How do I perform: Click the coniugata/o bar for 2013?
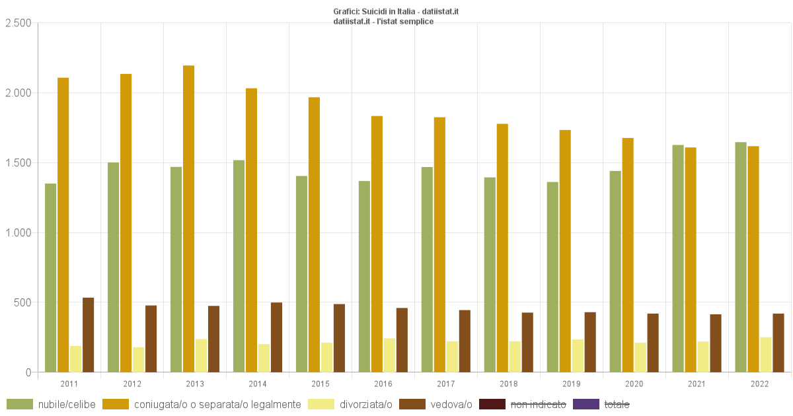(x=189, y=218)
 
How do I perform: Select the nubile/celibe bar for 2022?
(x=741, y=257)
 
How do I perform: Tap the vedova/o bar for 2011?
(x=89, y=335)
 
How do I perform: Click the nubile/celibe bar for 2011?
(x=51, y=277)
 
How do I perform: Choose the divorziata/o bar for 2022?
(x=766, y=355)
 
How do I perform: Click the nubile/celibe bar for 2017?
(x=428, y=269)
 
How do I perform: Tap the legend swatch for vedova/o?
(x=420, y=404)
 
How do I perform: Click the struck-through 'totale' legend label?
(x=617, y=404)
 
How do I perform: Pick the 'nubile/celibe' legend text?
(x=67, y=404)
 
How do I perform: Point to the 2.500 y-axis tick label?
(x=18, y=23)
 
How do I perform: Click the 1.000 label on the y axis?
(x=18, y=232)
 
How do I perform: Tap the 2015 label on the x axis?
(x=321, y=384)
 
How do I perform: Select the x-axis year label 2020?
(x=634, y=384)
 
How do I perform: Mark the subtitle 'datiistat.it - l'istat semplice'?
(x=383, y=21)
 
